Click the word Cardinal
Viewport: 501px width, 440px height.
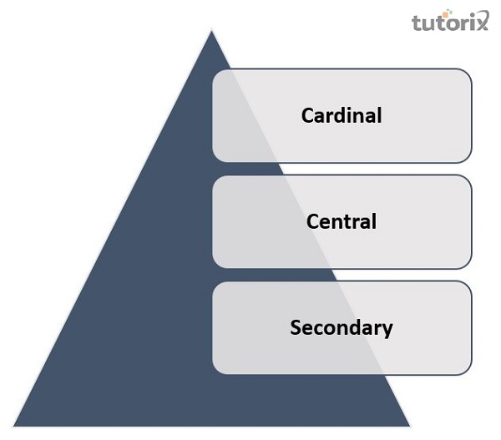tap(341, 115)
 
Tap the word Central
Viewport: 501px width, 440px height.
tap(342, 221)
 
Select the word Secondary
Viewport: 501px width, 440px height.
tap(341, 327)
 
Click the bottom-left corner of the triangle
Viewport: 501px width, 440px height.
tap(14, 426)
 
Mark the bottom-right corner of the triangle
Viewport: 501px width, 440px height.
tap(409, 426)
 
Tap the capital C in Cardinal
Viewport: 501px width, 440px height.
tap(308, 115)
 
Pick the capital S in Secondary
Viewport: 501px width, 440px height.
tap(296, 327)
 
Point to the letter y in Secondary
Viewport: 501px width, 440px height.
tap(387, 330)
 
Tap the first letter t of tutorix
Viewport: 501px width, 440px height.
tap(416, 23)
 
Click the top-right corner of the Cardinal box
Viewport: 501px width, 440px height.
tap(470, 72)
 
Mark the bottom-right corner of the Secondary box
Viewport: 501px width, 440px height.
tap(470, 372)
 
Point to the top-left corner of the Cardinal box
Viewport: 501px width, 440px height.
tap(215, 72)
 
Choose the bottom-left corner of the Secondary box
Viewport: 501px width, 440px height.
tap(215, 372)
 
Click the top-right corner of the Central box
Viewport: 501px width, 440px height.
tap(470, 177)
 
